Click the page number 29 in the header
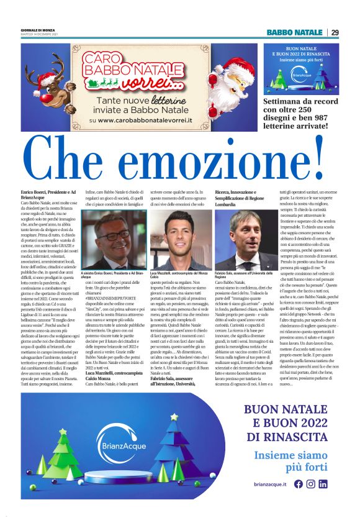pyautogui.click(x=335, y=32)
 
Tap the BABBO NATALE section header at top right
pyautogui.click(x=295, y=32)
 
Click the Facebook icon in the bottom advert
pyautogui.click(x=299, y=484)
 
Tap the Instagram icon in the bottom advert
pyautogui.click(x=311, y=484)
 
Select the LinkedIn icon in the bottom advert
pyautogui.click(x=323, y=484)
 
